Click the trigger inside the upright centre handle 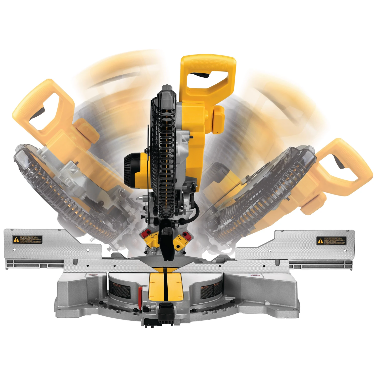200,75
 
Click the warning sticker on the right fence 331,241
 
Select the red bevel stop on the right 186,235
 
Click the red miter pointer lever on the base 140,294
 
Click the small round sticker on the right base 255,276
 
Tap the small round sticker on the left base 95,275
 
